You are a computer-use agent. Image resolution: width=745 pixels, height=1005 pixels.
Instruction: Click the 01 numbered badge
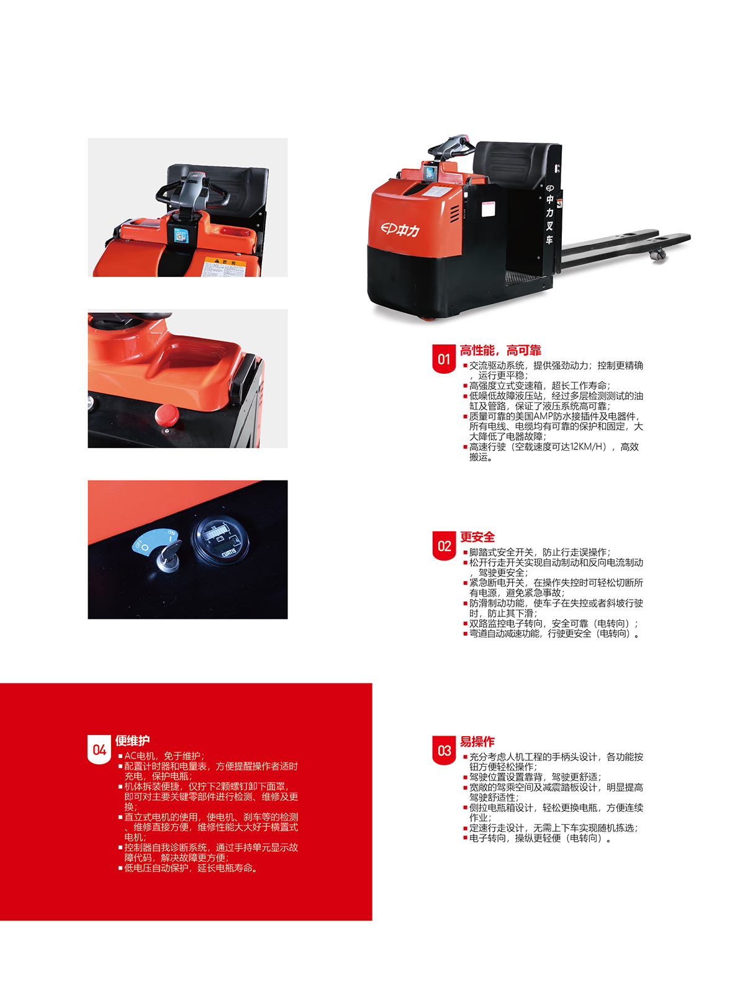pyautogui.click(x=444, y=358)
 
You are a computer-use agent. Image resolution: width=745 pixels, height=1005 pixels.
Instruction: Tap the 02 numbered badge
pyautogui.click(x=444, y=545)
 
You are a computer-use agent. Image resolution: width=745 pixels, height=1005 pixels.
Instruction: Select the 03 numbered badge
pyautogui.click(x=444, y=750)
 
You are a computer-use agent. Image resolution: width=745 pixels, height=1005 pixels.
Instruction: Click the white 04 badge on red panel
pyautogui.click(x=99, y=749)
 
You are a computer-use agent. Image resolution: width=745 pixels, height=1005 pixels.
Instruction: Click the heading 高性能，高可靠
pyautogui.click(x=500, y=350)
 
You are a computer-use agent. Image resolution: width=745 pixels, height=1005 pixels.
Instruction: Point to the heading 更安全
pyautogui.click(x=477, y=537)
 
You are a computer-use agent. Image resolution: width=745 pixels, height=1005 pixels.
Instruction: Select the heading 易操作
pyautogui.click(x=477, y=741)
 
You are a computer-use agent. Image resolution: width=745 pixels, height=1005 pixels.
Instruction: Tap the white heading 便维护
pyautogui.click(x=132, y=741)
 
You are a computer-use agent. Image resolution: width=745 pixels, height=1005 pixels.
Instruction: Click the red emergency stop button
pyautogui.click(x=166, y=415)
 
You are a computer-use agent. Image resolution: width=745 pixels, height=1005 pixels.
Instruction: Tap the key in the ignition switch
pyautogui.click(x=169, y=556)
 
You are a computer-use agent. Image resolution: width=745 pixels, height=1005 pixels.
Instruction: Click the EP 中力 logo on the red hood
pyautogui.click(x=400, y=230)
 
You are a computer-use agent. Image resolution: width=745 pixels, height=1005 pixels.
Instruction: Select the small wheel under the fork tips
pyautogui.click(x=657, y=254)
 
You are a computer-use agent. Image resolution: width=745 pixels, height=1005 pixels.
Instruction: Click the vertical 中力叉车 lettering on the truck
pyautogui.click(x=549, y=214)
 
